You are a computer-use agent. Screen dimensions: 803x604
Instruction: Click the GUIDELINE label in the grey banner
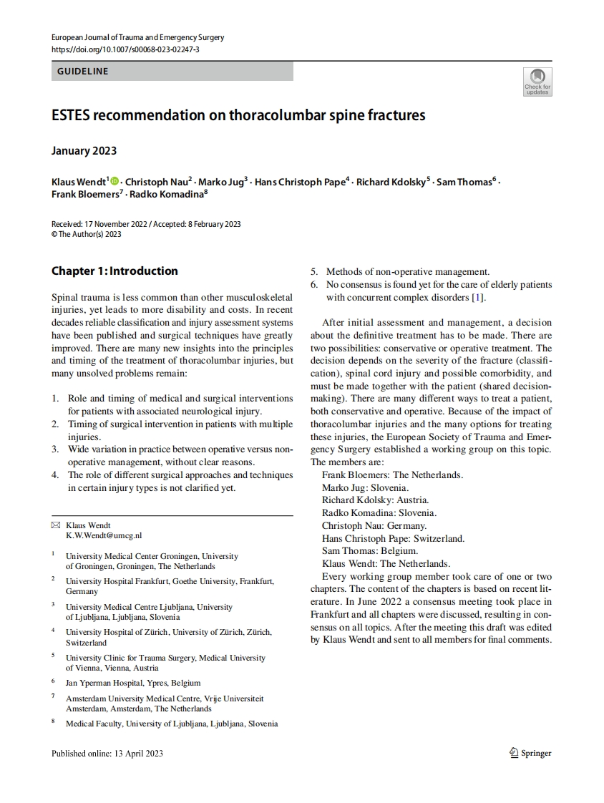(83, 72)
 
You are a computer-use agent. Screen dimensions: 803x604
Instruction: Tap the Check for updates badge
(537, 82)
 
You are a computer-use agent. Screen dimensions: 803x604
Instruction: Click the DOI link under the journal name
(125, 49)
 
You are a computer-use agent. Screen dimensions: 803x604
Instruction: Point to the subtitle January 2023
(84, 151)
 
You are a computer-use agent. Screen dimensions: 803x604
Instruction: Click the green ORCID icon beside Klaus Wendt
(115, 182)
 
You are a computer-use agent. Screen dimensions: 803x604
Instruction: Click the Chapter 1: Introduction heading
(115, 271)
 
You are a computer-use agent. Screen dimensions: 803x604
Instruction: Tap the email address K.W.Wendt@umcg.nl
(104, 535)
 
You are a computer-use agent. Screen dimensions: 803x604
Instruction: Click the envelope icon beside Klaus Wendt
(56, 525)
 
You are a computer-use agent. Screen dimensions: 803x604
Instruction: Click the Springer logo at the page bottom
(530, 753)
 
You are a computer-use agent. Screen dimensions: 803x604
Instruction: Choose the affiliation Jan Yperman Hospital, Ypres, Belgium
(133, 682)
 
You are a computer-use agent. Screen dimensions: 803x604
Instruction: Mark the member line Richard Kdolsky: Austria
(375, 500)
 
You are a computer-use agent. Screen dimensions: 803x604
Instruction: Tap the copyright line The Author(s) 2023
(87, 234)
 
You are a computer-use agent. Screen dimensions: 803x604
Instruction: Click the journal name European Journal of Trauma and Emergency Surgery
(138, 37)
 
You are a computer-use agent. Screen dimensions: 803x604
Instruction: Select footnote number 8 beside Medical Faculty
(54, 721)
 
